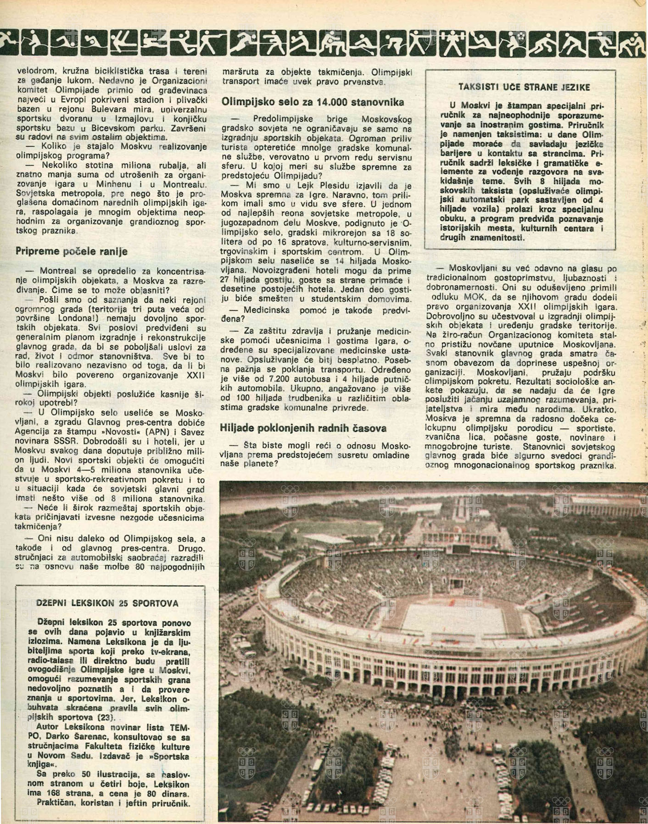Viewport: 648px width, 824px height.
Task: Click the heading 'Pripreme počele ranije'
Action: [72, 251]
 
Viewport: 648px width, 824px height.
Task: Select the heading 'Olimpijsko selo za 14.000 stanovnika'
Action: [313, 102]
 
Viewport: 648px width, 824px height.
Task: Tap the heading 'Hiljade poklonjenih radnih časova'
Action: [303, 428]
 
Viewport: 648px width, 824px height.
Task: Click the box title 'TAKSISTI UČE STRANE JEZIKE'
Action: [524, 87]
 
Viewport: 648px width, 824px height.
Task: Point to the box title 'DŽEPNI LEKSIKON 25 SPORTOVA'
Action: [107, 603]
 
